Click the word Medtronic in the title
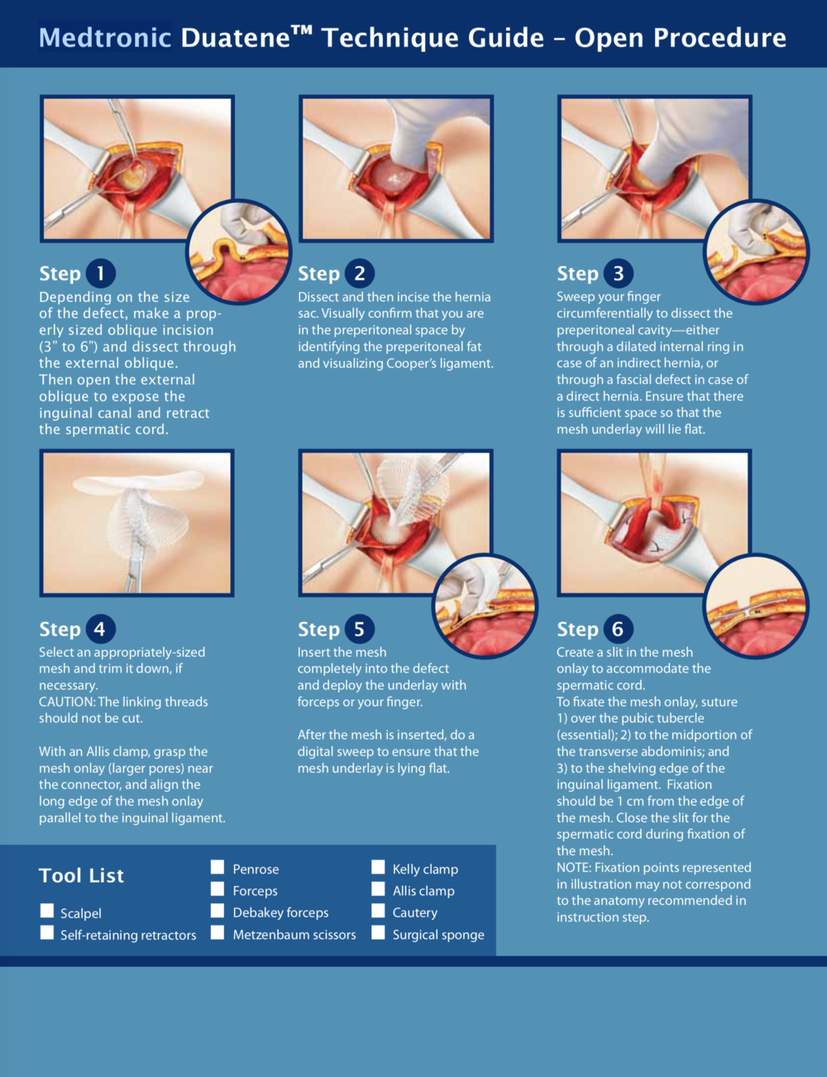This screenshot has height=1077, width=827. [105, 38]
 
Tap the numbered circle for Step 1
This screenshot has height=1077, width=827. [101, 273]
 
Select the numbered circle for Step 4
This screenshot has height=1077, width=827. [101, 629]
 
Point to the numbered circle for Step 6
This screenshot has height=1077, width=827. [618, 629]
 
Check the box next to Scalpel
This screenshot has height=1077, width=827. [47, 911]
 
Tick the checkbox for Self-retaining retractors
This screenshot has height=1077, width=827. [47, 932]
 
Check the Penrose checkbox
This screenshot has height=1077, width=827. [217, 867]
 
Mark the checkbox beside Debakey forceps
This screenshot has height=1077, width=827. [217, 911]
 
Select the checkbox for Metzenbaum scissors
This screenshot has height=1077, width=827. [217, 932]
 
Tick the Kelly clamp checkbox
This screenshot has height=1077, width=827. [378, 867]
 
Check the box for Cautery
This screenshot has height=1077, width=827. [378, 911]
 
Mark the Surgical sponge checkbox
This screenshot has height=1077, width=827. [378, 932]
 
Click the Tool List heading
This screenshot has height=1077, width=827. [81, 876]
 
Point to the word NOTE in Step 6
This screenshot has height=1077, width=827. [573, 868]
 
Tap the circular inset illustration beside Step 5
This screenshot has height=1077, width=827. [485, 606]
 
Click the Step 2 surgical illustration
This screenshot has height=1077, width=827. [396, 169]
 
